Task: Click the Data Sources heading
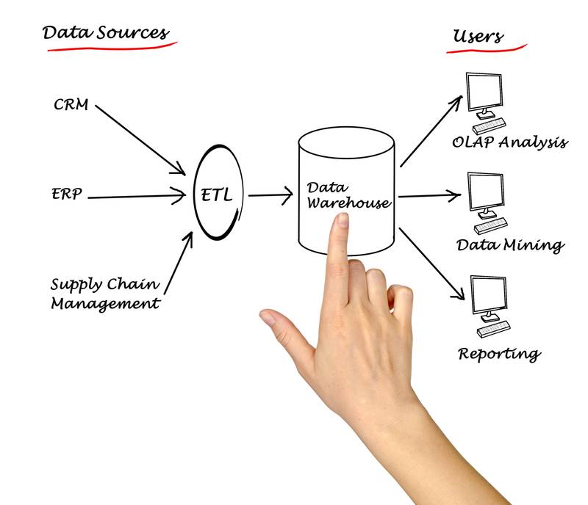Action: pyautogui.click(x=105, y=33)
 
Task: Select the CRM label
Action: pyautogui.click(x=71, y=104)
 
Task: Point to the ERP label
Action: pyautogui.click(x=67, y=195)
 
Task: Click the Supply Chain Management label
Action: pyautogui.click(x=104, y=293)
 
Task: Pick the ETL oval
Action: pyautogui.click(x=218, y=195)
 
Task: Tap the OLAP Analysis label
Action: pyautogui.click(x=510, y=142)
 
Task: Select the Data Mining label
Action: pyautogui.click(x=509, y=244)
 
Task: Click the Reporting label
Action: pyautogui.click(x=499, y=353)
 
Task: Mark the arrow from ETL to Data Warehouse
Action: pyautogui.click(x=270, y=196)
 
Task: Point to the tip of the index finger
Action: pyautogui.click(x=341, y=222)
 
